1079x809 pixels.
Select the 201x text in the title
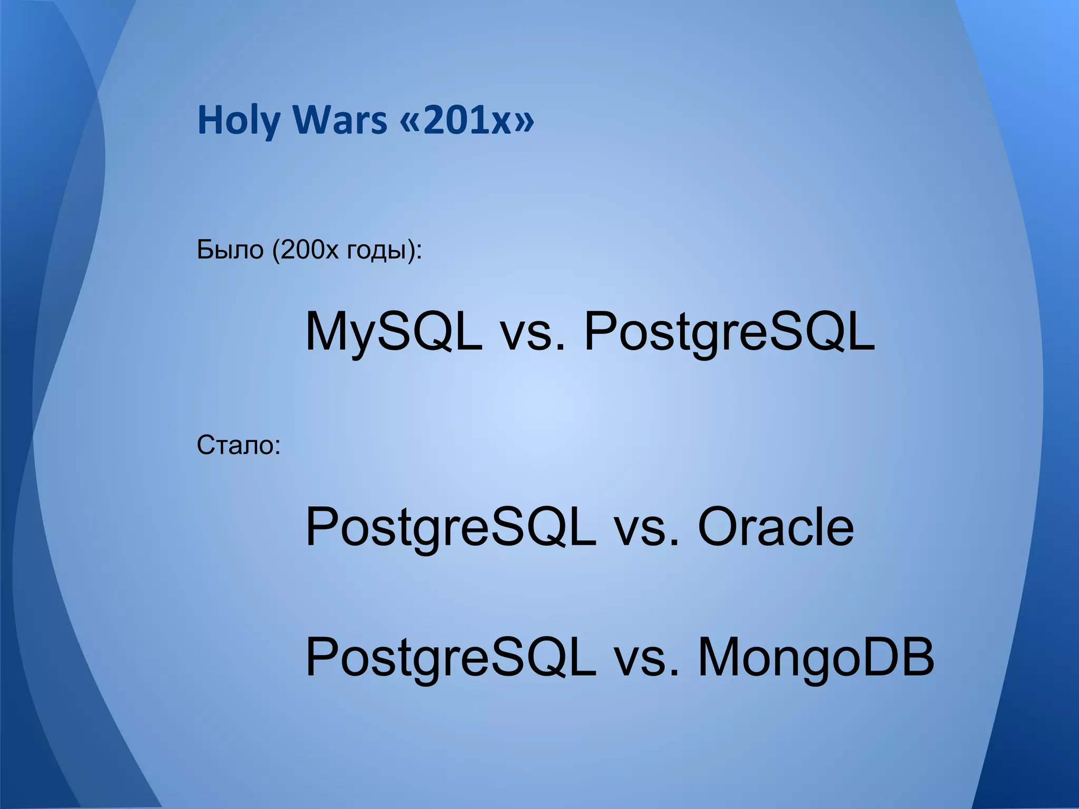[x=464, y=121]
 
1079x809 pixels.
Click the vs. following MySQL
[x=533, y=333]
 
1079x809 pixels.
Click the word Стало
[x=235, y=446]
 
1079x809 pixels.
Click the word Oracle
[x=776, y=527]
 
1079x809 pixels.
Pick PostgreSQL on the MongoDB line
[x=450, y=657]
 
